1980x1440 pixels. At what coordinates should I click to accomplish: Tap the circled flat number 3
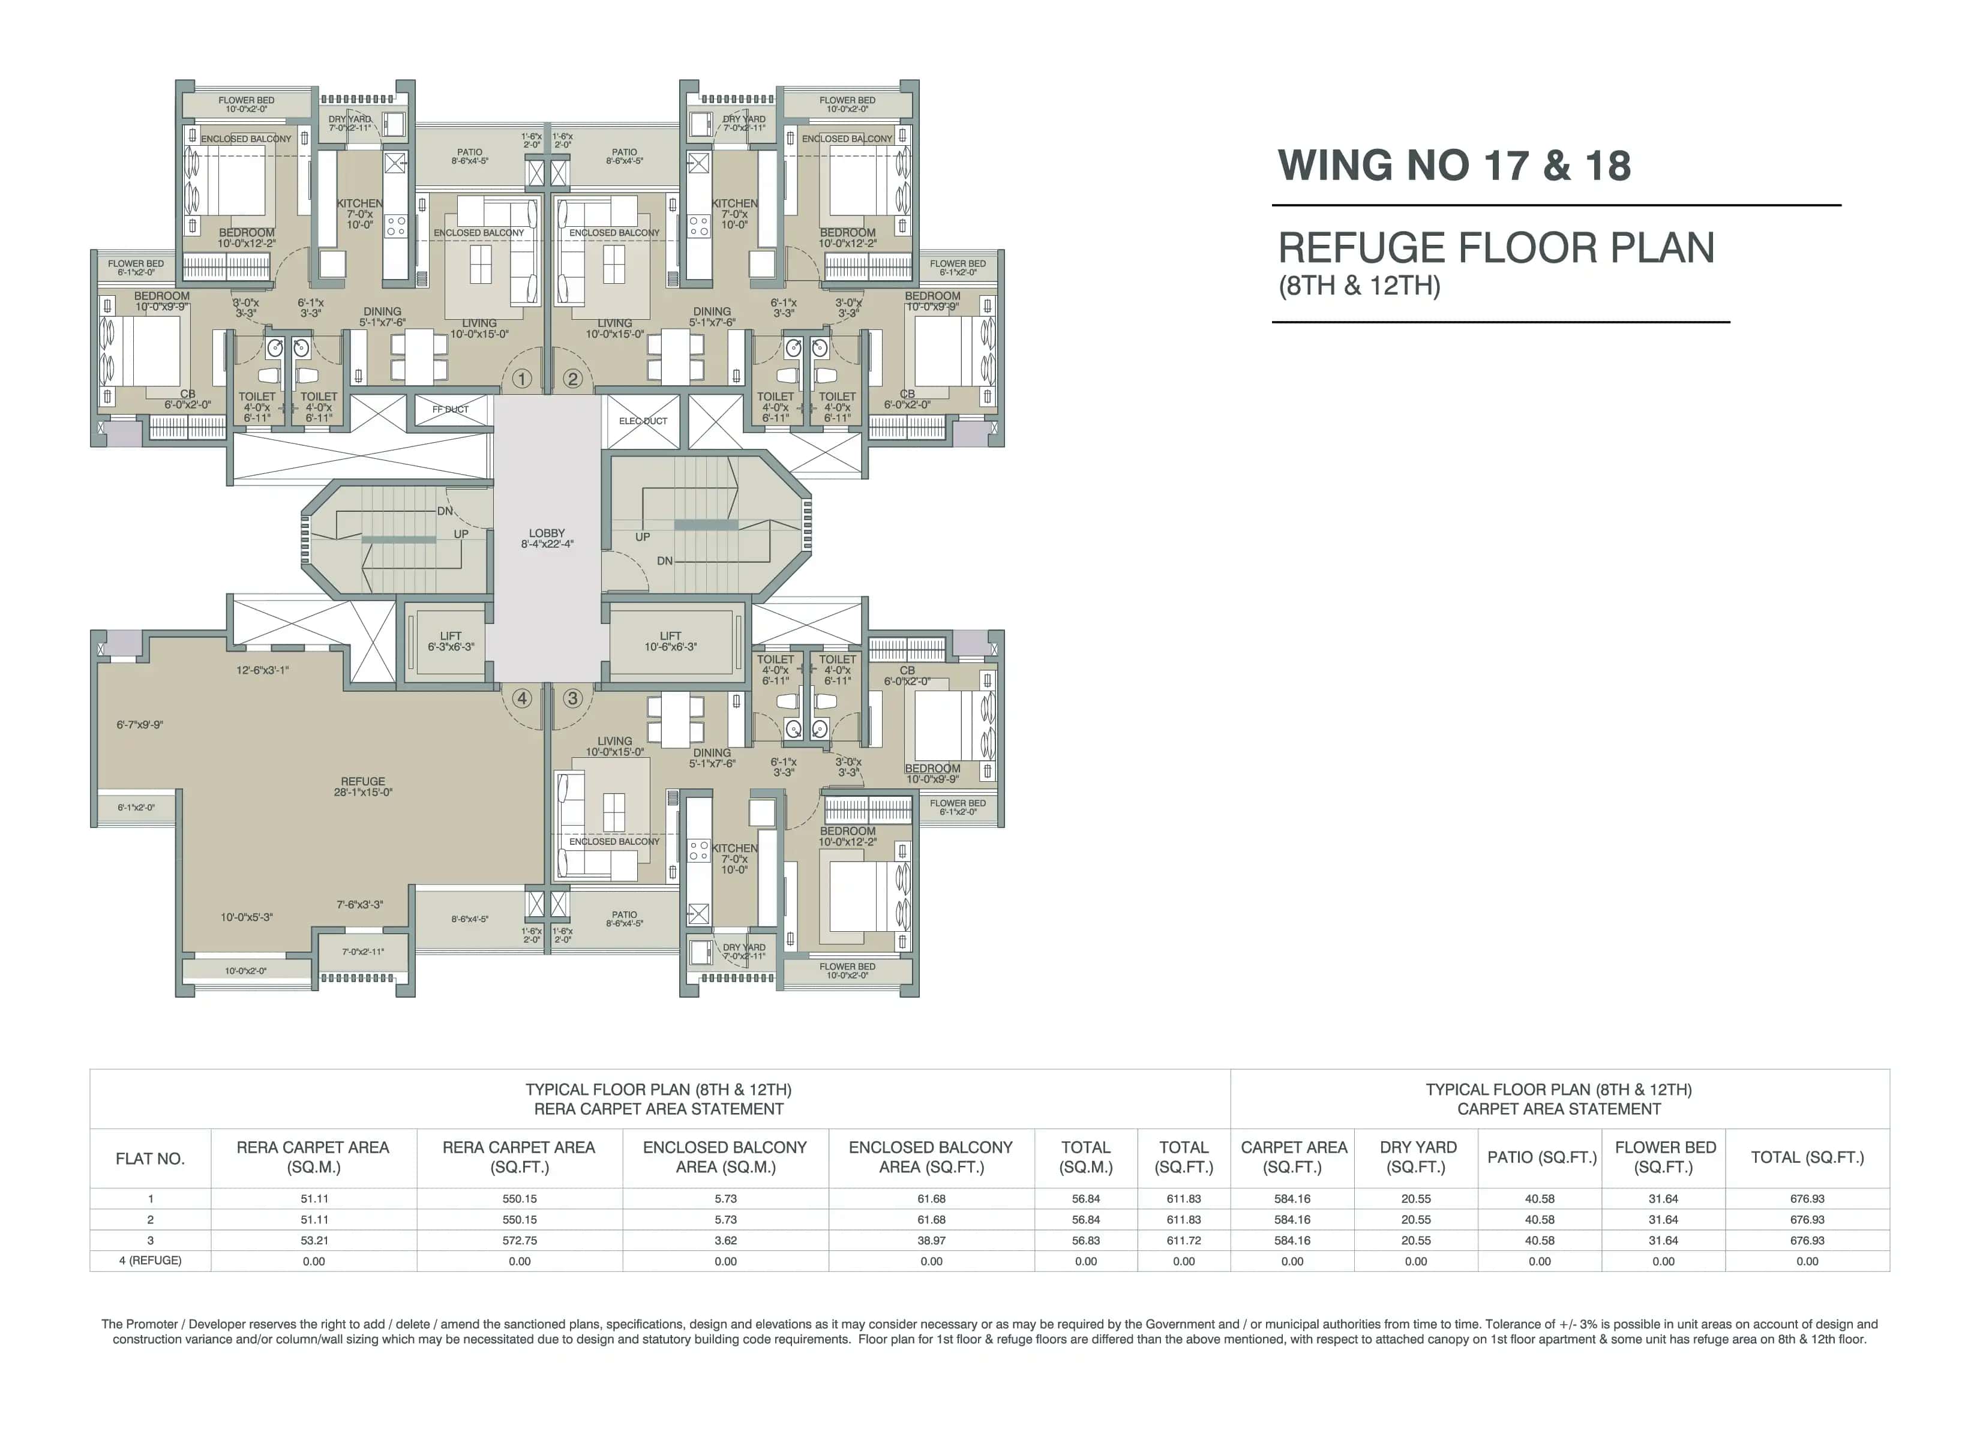[x=572, y=698]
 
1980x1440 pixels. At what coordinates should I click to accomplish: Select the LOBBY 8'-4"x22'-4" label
[x=547, y=538]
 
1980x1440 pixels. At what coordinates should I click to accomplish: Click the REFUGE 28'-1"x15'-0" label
[x=363, y=787]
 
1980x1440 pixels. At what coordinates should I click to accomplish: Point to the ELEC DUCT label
[x=643, y=421]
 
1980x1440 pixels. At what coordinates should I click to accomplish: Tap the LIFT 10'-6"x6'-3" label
[x=670, y=641]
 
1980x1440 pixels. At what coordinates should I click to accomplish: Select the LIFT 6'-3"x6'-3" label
[x=451, y=641]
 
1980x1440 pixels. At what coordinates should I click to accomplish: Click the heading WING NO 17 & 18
[x=1454, y=166]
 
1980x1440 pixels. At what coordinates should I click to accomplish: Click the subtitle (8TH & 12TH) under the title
[x=1359, y=286]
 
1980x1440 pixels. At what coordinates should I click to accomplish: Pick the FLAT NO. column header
[x=150, y=1158]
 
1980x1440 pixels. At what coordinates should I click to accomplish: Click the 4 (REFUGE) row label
[x=150, y=1260]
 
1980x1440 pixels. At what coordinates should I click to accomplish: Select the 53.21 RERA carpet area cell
[x=313, y=1240]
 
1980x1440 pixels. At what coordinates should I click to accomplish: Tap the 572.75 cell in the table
[x=520, y=1240]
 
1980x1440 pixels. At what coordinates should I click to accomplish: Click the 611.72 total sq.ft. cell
[x=1184, y=1240]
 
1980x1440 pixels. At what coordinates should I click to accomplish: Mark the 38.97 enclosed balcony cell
[x=932, y=1240]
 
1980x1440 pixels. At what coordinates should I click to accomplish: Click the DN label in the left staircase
[x=445, y=511]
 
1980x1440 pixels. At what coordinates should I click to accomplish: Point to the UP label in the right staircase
[x=643, y=537]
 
